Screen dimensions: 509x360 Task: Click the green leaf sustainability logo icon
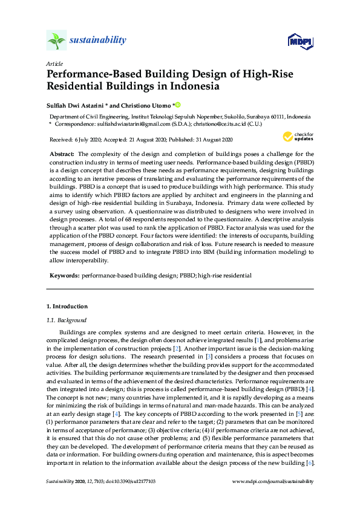(x=56, y=41)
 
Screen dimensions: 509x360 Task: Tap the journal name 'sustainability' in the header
(x=98, y=41)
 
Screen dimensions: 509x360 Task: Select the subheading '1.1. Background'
(x=67, y=320)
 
